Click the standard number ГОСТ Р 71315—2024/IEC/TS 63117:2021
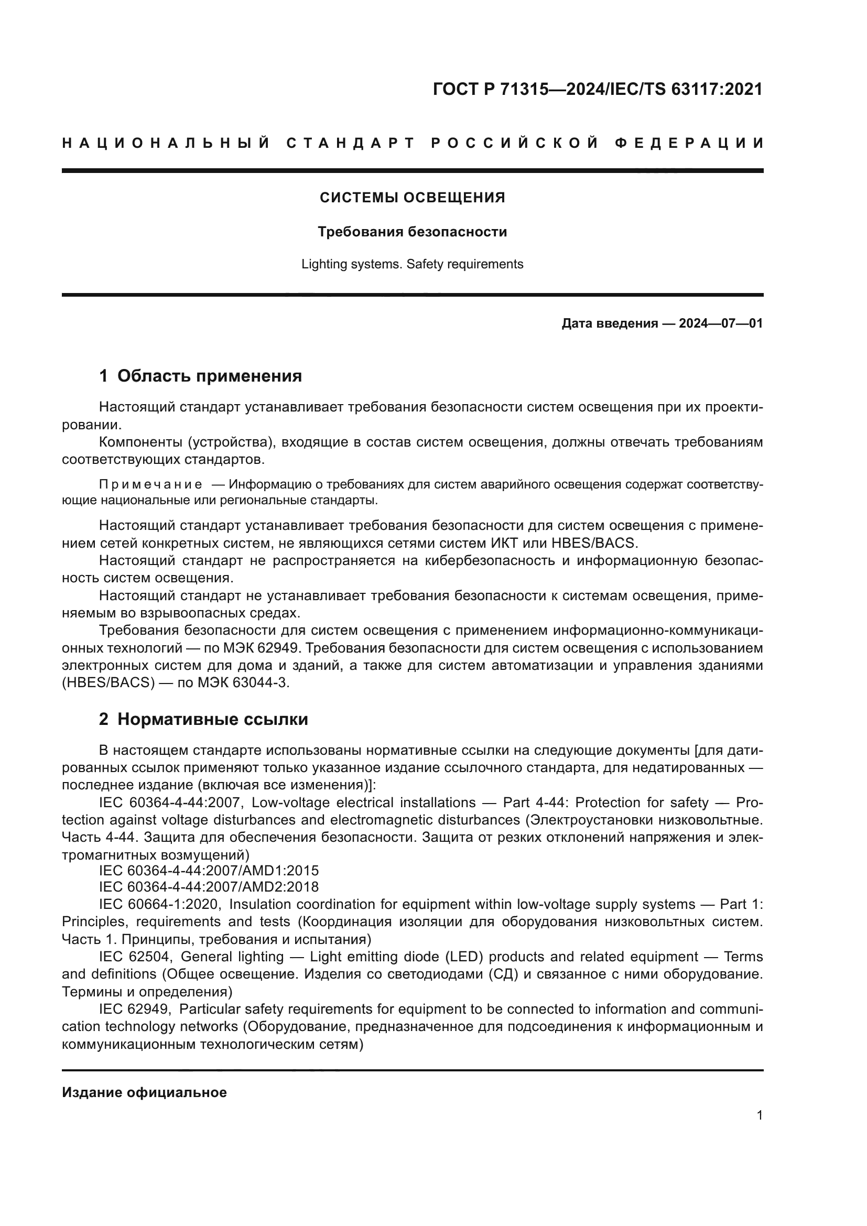point(598,89)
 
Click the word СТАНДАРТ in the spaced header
point(351,143)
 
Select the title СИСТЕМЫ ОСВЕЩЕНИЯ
point(412,198)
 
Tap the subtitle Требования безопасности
point(412,232)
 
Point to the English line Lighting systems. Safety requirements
point(412,264)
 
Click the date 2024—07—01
point(720,323)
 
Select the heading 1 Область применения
point(200,376)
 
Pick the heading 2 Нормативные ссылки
point(203,719)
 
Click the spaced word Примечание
point(150,484)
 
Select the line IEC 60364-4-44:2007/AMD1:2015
point(209,871)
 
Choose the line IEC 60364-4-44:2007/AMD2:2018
point(209,887)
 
